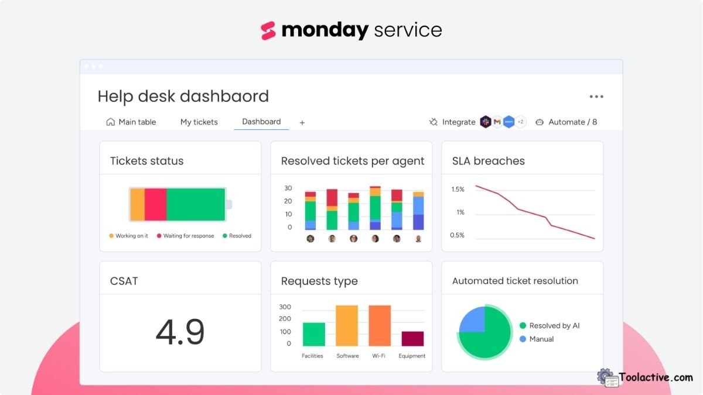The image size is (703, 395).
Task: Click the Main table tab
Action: coord(131,122)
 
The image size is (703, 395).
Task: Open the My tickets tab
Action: coord(199,122)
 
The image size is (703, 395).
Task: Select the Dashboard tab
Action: coord(261,122)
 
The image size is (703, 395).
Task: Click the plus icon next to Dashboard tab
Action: coord(302,123)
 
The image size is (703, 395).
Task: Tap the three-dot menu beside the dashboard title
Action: coord(596,97)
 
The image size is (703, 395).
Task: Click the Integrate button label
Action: coord(458,122)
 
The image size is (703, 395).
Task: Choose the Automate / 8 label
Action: coord(572,122)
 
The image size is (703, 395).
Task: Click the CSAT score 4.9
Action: coord(180,332)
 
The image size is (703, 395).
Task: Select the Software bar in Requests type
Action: coord(347,326)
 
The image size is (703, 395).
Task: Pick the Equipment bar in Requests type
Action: coord(412,339)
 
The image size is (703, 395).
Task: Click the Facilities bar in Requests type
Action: coord(313,334)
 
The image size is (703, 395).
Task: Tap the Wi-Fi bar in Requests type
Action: coord(380,326)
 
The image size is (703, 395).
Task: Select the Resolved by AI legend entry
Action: coord(554,326)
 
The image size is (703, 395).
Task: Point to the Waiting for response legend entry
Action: coord(188,236)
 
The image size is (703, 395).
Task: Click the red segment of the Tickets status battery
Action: coord(155,205)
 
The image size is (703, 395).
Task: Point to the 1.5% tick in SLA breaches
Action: coord(458,190)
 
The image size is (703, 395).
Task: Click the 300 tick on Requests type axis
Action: coord(285,307)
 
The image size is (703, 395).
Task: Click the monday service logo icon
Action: coord(268,30)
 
